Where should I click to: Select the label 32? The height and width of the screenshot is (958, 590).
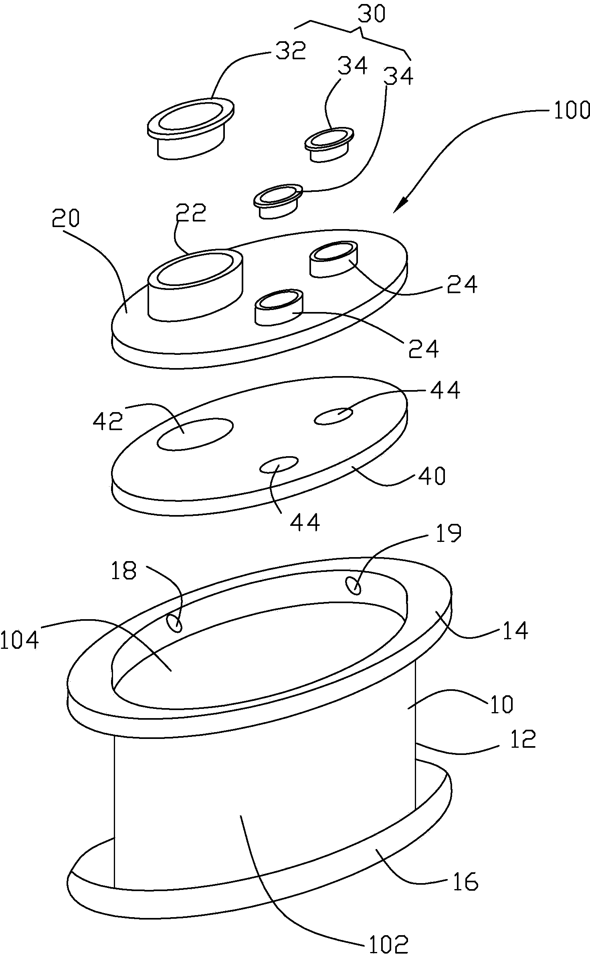pos(290,51)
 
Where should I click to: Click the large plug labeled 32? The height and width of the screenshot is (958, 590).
pos(191,128)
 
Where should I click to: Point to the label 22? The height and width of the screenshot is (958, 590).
pos(190,213)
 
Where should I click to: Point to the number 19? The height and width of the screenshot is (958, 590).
pos(448,533)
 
